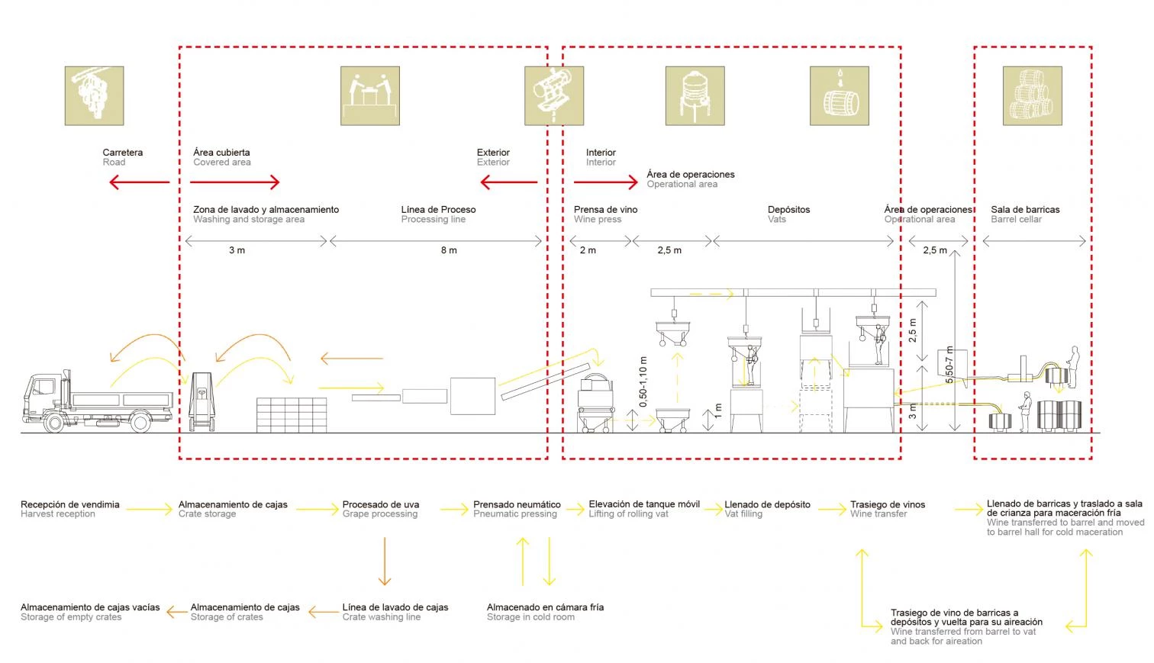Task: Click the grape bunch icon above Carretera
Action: coord(94,95)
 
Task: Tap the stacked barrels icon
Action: coord(1032,95)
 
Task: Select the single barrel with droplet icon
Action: coord(840,95)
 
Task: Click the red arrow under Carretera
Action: coord(138,182)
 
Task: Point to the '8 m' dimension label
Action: coord(449,250)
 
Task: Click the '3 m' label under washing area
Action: coord(237,250)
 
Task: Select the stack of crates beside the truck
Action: coord(291,415)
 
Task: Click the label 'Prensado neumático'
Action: coord(517,504)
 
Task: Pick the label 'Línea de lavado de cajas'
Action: coord(395,607)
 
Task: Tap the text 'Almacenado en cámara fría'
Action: coord(545,607)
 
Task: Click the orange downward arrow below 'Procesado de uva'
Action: coord(384,561)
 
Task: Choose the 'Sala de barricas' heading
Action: coord(1025,210)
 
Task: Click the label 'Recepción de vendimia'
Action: coord(70,504)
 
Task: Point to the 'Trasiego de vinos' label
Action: coord(888,504)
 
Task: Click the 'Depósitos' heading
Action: coord(788,210)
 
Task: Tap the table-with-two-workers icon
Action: coord(370,95)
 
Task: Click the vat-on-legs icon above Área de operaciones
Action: coord(695,95)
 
